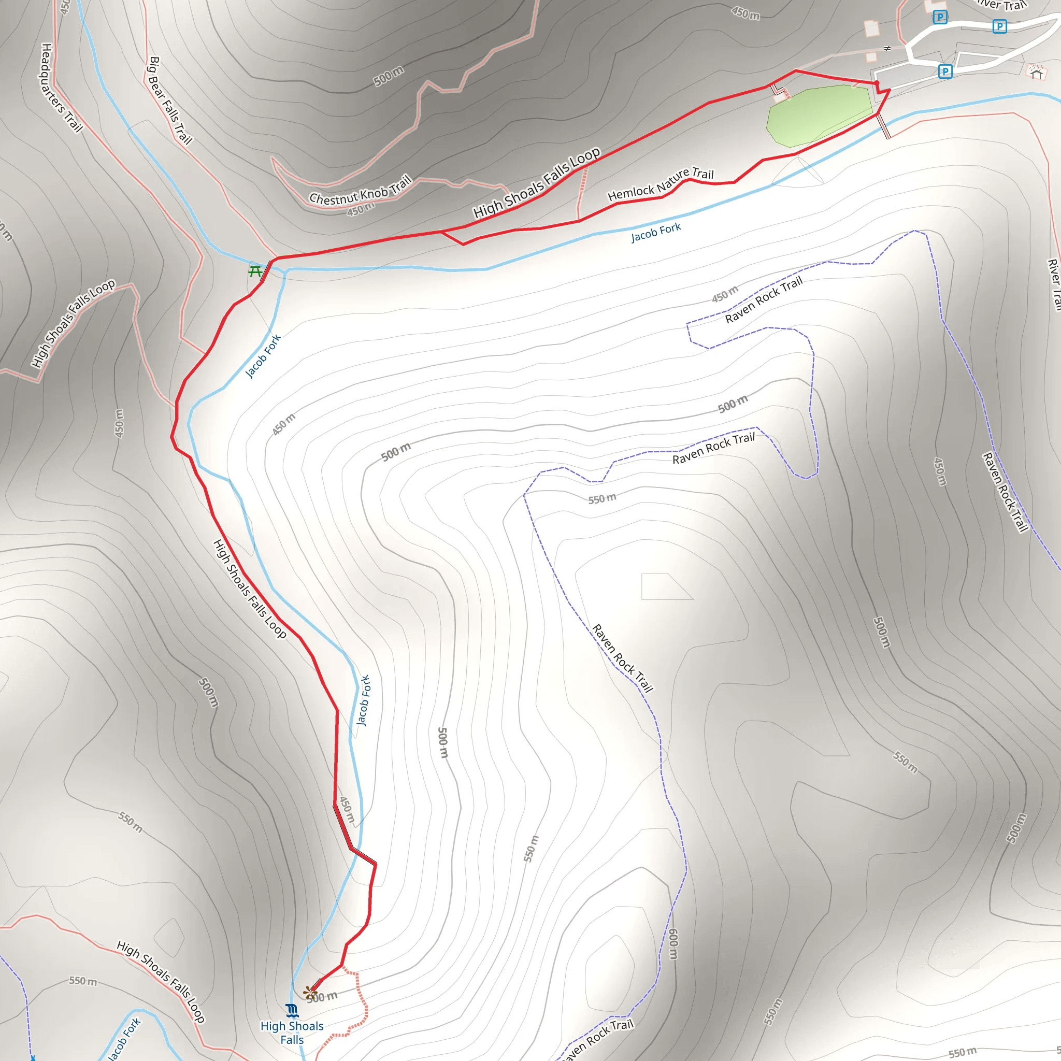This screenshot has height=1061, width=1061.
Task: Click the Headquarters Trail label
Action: pos(61,88)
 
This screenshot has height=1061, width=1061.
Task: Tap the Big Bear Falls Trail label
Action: pos(170,101)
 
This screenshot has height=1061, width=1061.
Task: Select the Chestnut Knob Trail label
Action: pos(360,190)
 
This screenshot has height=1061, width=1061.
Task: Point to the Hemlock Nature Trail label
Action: pos(661,184)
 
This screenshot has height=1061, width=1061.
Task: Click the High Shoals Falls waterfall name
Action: pos(292,1033)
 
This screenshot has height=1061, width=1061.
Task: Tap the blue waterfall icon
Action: pos(292,1010)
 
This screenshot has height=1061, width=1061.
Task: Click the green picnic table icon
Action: pos(255,271)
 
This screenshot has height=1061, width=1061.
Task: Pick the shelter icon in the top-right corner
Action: pos(1036,72)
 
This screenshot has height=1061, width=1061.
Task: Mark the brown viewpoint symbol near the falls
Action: pos(311,992)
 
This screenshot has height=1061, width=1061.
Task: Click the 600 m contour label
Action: pos(673,943)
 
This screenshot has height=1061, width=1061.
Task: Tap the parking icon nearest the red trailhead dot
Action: pos(945,71)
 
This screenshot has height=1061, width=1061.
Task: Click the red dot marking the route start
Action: pos(877,83)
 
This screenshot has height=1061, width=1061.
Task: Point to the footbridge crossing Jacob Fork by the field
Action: pos(883,126)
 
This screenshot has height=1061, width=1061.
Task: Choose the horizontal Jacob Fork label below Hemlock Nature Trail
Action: pos(656,232)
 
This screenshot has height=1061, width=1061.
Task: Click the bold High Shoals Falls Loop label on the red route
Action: pos(537,183)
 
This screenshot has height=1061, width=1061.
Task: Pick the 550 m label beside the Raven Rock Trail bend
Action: pos(602,499)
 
